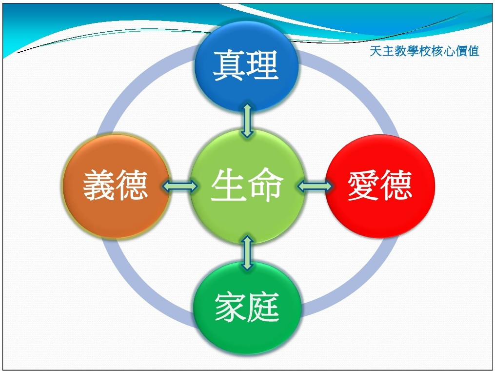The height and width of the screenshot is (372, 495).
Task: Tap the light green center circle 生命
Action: click(247, 186)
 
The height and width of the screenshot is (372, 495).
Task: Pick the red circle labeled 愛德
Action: click(380, 186)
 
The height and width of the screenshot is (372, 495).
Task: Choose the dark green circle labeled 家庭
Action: click(247, 308)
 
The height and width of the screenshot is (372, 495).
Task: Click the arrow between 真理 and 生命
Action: click(247, 120)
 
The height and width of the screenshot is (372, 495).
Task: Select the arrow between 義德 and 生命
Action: click(179, 186)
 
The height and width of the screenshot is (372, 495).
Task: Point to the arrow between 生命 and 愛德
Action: click(315, 186)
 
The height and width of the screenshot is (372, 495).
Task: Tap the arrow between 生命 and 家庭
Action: click(247, 252)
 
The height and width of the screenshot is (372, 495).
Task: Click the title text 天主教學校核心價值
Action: click(424, 51)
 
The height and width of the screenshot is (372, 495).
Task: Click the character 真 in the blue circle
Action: click(229, 65)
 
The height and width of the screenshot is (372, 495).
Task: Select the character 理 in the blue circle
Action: click(262, 65)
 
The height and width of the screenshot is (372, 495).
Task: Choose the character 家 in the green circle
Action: click(231, 307)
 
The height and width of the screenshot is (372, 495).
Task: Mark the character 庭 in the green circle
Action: click(263, 307)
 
